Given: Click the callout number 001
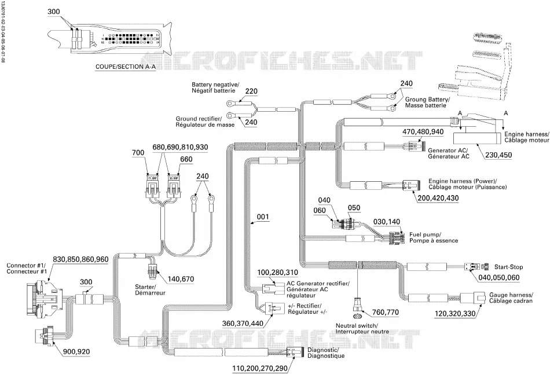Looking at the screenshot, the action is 263,217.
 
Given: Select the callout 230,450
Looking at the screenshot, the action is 498,155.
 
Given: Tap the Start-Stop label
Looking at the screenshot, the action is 508,267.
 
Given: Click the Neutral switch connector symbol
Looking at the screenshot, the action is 358,304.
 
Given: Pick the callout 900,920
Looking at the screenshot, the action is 76,351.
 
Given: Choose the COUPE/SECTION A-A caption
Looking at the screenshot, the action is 126,67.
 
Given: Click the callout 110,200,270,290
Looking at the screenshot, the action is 260,368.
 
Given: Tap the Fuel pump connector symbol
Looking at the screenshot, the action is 397,238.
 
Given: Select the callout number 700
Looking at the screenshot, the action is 138,153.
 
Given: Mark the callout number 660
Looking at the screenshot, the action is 186,159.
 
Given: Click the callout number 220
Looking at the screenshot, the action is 251,91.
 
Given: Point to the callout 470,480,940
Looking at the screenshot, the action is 423,132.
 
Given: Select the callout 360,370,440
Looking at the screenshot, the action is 243,323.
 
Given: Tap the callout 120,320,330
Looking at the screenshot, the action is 455,314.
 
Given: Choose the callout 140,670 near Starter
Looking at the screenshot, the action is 181,279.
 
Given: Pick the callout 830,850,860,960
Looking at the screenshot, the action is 80,259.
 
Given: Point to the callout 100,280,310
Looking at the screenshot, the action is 278,273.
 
